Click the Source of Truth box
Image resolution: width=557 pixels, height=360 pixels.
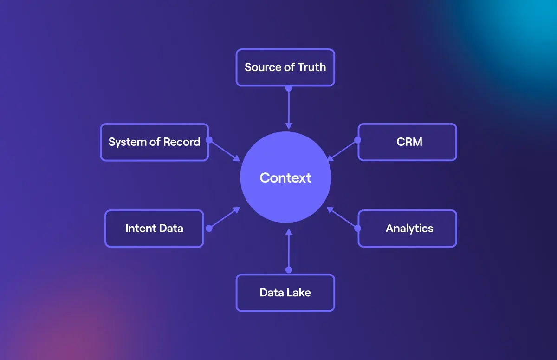click(285, 67)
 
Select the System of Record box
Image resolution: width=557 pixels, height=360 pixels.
click(155, 142)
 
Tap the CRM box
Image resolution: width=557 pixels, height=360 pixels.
click(407, 142)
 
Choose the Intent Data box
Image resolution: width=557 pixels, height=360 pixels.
click(154, 229)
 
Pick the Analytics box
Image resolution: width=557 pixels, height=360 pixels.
click(407, 229)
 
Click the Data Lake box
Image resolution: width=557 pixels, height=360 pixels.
click(285, 293)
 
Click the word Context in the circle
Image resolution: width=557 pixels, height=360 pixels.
click(285, 178)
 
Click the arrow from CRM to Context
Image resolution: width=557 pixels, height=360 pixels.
click(342, 150)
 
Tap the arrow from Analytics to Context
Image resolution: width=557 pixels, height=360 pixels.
click(342, 218)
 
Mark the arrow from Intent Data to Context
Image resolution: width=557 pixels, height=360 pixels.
click(225, 218)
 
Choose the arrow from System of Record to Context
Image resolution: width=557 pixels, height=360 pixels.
click(225, 150)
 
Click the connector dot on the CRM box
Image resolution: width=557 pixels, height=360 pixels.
click(357, 139)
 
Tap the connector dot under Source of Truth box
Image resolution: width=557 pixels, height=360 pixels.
click(289, 88)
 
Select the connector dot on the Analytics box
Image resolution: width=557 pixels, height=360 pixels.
click(357, 228)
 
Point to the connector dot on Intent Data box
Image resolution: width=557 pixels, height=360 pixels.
click(209, 228)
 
